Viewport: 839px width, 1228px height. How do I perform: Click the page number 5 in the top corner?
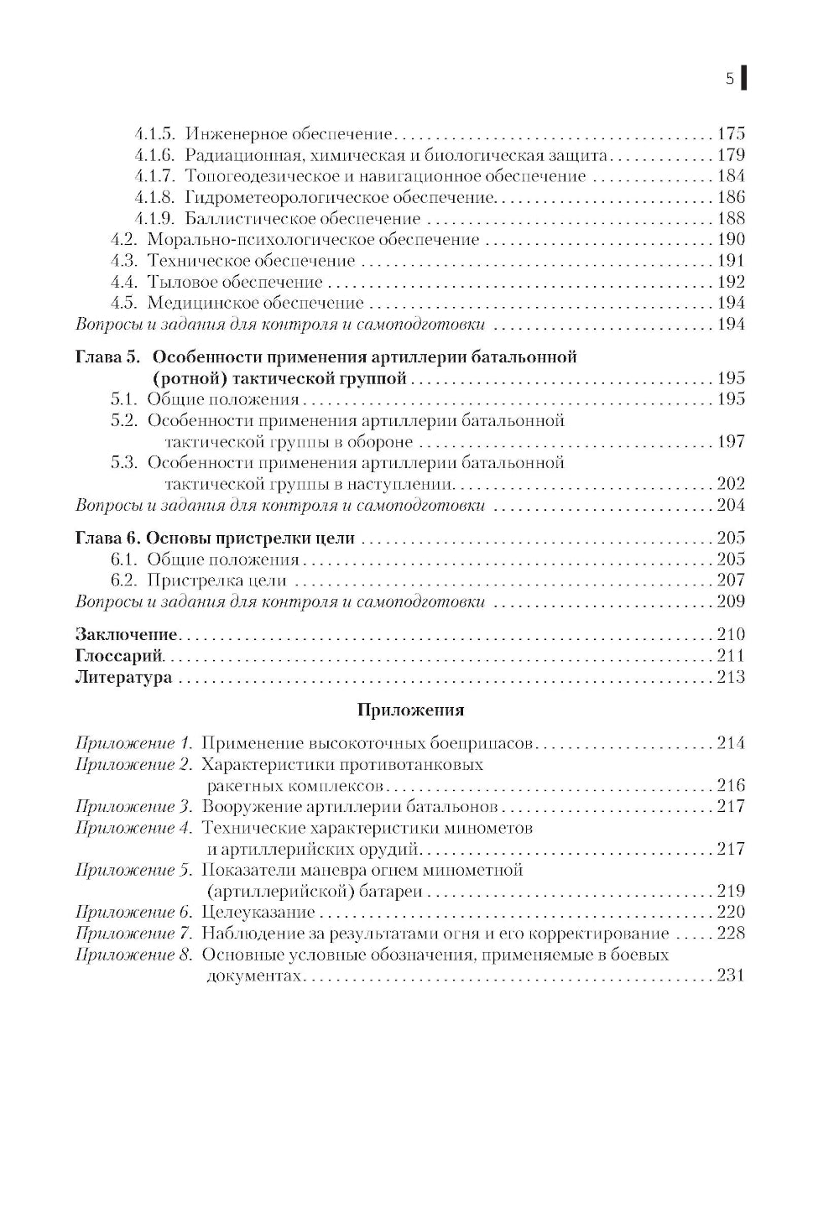coord(729,79)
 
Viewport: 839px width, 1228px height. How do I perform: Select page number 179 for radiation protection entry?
coord(731,155)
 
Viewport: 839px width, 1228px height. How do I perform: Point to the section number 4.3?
coord(124,261)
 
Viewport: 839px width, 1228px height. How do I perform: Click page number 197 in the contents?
coord(731,442)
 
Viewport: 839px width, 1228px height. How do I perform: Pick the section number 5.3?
coord(124,463)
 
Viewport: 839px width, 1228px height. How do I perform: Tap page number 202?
coord(731,484)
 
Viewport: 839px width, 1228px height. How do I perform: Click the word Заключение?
coord(126,635)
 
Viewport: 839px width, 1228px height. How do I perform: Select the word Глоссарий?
coord(118,656)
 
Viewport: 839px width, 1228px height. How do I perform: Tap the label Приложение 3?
coord(134,807)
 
